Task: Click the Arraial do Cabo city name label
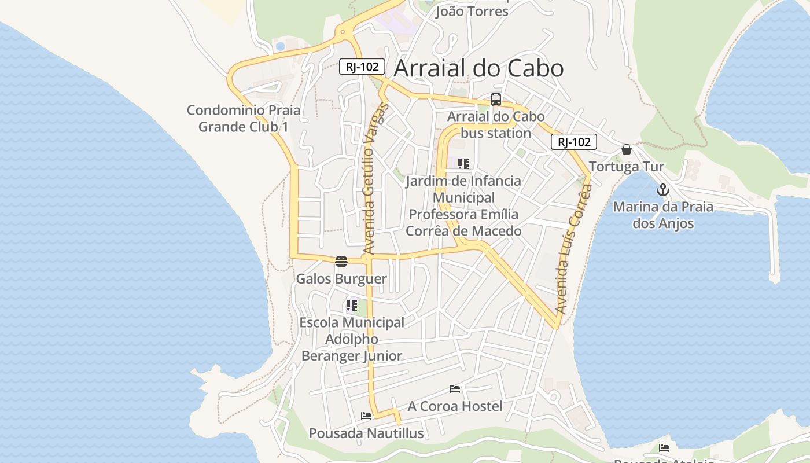click(478, 68)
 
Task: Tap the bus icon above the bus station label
click(496, 100)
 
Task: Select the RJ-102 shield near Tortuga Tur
click(573, 142)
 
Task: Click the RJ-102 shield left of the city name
click(362, 67)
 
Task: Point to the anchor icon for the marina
click(662, 190)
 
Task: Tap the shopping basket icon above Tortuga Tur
click(626, 150)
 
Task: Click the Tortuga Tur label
click(626, 167)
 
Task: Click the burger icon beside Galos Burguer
click(341, 261)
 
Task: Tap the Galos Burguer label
click(341, 279)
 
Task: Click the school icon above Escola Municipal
click(351, 305)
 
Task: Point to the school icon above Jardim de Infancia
click(463, 164)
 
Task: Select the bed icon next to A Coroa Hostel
click(455, 389)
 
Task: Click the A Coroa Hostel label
click(455, 406)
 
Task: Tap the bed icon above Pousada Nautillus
click(366, 416)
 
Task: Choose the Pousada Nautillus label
click(366, 433)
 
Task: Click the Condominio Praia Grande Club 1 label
click(244, 118)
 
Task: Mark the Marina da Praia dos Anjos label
click(663, 215)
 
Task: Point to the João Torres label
click(472, 11)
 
